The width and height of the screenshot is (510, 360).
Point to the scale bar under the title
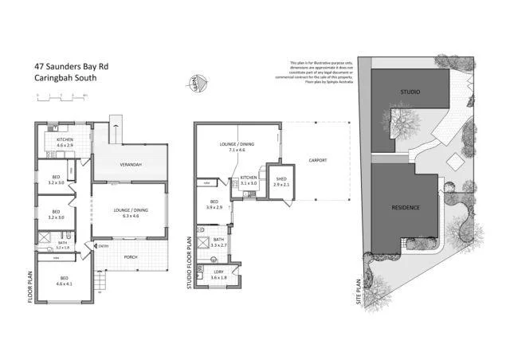61,96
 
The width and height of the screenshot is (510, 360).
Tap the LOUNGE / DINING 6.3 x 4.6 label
131,212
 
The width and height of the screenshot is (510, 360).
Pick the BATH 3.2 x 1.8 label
63,245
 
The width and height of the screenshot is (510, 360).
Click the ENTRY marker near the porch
102,245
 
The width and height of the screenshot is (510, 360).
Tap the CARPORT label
317,161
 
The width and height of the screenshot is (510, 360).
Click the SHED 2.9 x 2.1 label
280,181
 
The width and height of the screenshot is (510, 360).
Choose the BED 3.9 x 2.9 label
214,205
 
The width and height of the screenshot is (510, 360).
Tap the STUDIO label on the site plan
410,92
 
